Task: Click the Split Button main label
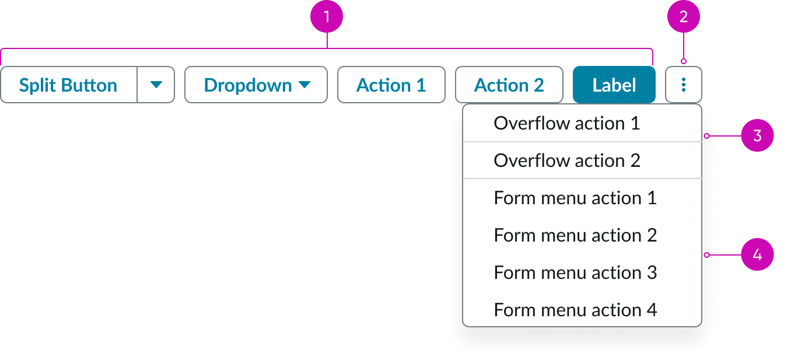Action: [x=68, y=85]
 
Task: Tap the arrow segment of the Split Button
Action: [x=156, y=85]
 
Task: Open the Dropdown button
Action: [x=256, y=85]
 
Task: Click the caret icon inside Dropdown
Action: [x=304, y=85]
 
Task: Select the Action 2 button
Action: [x=509, y=85]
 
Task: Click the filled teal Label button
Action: [x=614, y=85]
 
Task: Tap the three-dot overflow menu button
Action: [x=684, y=85]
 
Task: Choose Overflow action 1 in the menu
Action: [x=566, y=123]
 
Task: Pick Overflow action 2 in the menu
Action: [x=566, y=160]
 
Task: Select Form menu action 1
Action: [x=575, y=198]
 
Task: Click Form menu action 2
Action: [x=575, y=235]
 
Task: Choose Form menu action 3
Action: [x=575, y=272]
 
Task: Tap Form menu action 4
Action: [x=575, y=310]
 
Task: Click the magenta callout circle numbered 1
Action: [x=327, y=17]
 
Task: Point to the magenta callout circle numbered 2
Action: [x=684, y=17]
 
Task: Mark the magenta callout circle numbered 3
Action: [x=757, y=136]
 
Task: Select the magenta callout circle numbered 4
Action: [x=757, y=255]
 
